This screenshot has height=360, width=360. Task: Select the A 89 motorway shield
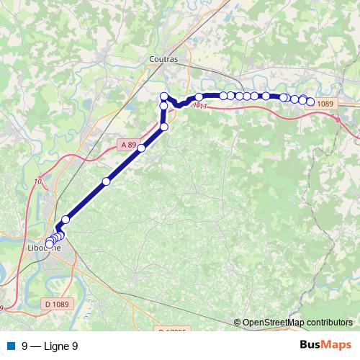pyautogui.click(x=128, y=145)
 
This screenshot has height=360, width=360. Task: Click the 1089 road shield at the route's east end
pyautogui.click(x=325, y=104)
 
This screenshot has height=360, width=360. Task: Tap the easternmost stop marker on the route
pyautogui.click(x=310, y=102)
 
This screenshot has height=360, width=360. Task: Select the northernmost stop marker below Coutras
pyautogui.click(x=164, y=96)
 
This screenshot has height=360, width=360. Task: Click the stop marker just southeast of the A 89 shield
pyautogui.click(x=141, y=148)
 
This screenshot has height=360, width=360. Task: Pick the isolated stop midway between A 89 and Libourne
pyautogui.click(x=106, y=181)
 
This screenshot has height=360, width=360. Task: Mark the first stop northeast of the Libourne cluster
pyautogui.click(x=66, y=220)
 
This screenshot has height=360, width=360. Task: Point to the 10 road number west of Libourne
pyautogui.click(x=37, y=182)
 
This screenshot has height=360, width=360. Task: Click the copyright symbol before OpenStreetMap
pyautogui.click(x=238, y=323)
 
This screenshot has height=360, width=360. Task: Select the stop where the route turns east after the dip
pyautogui.click(x=199, y=97)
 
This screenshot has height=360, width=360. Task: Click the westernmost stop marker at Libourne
pyautogui.click(x=49, y=244)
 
